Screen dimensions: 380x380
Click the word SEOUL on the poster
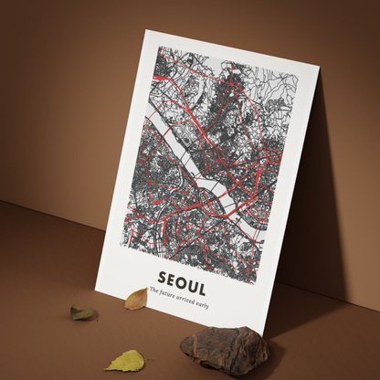[x=182, y=277]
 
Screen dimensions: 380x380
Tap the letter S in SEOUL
[x=163, y=273]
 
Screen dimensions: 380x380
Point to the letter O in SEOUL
[x=182, y=277]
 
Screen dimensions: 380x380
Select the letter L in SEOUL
[x=201, y=280]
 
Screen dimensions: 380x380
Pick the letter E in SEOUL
[x=172, y=275]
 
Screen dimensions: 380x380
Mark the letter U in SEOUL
[x=192, y=279]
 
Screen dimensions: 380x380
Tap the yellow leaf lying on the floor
[x=124, y=361]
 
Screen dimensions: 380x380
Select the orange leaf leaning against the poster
[x=136, y=299]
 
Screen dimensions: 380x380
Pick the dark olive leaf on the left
[x=84, y=313]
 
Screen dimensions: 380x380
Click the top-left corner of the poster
[x=146, y=29]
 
